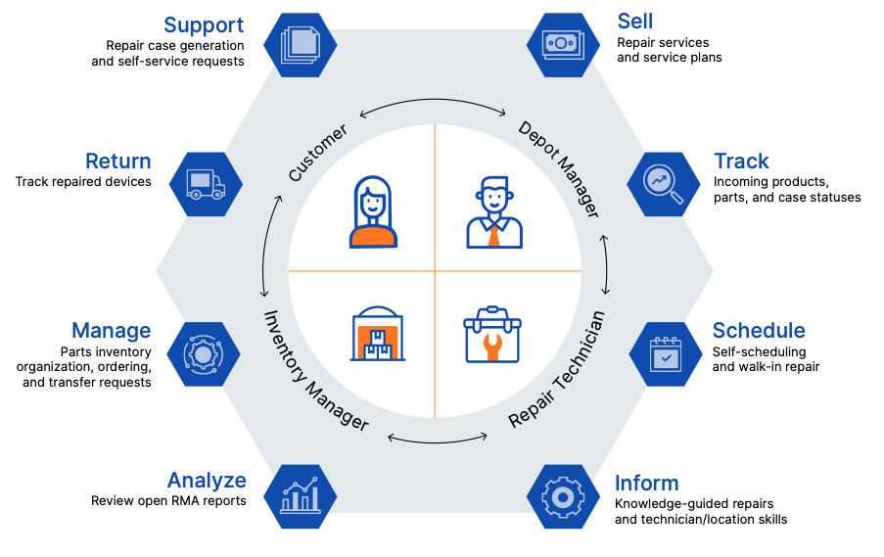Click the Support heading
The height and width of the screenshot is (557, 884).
point(204,24)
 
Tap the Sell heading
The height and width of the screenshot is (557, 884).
point(635,22)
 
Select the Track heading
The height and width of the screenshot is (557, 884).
point(741,162)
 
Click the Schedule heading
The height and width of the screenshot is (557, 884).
point(759,331)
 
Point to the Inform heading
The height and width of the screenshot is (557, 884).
point(646,484)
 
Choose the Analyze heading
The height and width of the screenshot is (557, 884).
point(207,481)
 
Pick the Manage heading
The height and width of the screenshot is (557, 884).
point(112,331)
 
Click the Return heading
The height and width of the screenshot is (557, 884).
point(118,162)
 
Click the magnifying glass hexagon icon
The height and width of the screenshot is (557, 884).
point(663,183)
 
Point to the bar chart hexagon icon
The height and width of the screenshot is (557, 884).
point(300,496)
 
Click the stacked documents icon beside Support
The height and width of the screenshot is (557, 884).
point(301,43)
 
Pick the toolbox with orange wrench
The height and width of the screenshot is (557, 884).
point(492,335)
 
